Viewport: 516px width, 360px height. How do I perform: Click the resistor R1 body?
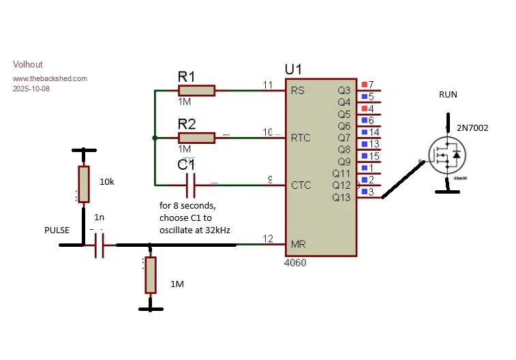tap(196, 91)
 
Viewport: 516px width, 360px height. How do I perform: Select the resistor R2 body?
tap(196, 138)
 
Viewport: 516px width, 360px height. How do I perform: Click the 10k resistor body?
tap(83, 184)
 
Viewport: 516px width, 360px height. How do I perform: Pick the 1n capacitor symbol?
tap(100, 244)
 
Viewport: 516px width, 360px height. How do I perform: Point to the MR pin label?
tap(298, 244)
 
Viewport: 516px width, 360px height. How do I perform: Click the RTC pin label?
tap(301, 138)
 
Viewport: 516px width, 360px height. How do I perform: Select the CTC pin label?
tap(301, 185)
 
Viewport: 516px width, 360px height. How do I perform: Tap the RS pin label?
tap(298, 91)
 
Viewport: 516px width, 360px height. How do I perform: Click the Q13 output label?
tap(341, 197)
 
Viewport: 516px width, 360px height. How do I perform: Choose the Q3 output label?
tap(344, 91)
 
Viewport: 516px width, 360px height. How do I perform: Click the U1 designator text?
tap(294, 70)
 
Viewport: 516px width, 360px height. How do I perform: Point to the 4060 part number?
tap(297, 262)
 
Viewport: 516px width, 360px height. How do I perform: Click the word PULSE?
tap(57, 230)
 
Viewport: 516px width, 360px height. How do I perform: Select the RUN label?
tap(448, 95)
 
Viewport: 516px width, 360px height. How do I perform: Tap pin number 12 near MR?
tap(268, 239)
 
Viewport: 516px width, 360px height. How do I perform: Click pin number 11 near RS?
tap(268, 85)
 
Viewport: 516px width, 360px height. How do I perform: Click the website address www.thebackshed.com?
tap(50, 78)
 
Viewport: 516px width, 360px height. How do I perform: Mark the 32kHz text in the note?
tap(217, 230)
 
